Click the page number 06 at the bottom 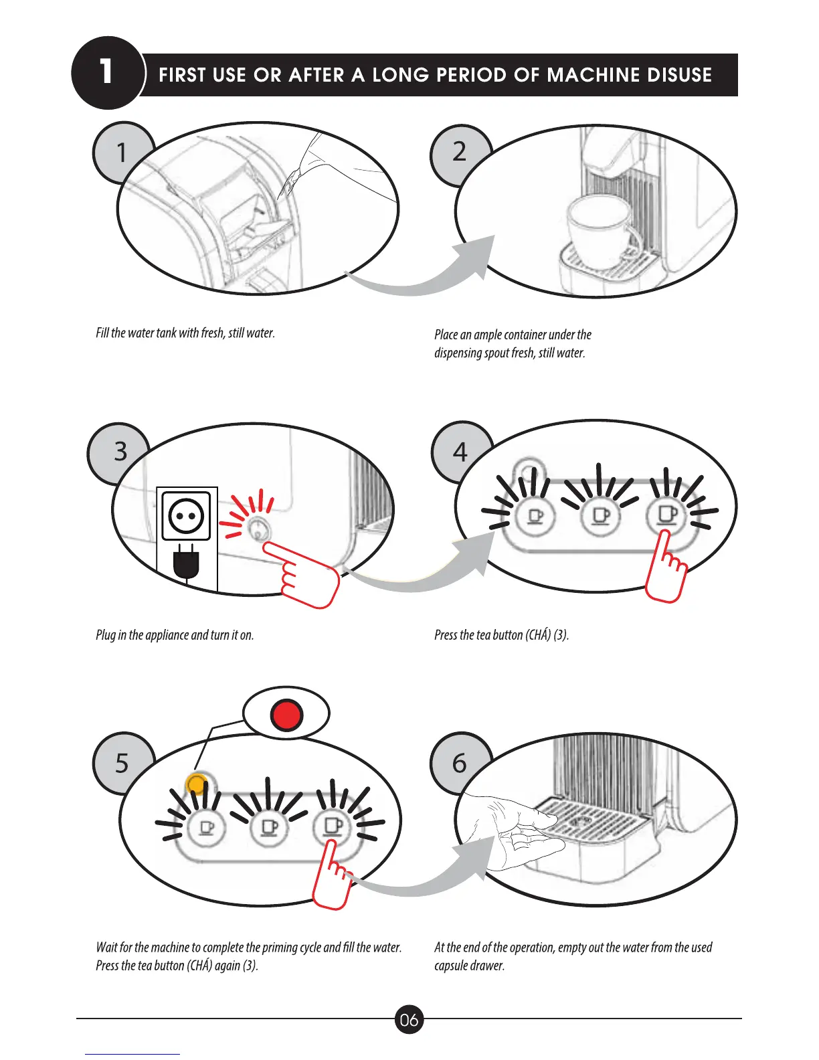point(409,1020)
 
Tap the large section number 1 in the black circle point(106,72)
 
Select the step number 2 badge point(459,153)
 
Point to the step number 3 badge point(120,452)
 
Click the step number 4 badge point(460,452)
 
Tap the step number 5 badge point(121,764)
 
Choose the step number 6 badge point(459,764)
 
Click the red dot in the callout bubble point(286,715)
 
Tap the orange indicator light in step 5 point(197,784)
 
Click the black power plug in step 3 point(186,563)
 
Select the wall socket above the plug point(186,516)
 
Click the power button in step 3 point(257,530)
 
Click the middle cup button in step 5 point(269,828)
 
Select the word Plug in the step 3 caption point(106,635)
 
